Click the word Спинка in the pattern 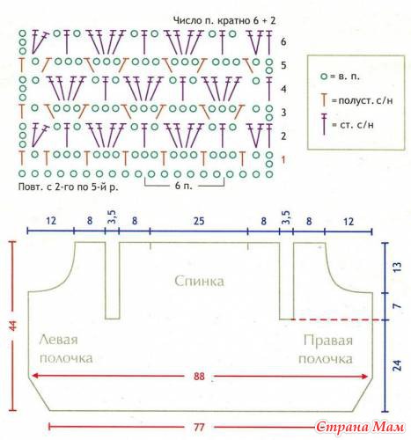[199, 281]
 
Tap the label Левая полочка [66, 349]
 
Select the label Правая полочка [326, 349]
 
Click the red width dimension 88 [199, 376]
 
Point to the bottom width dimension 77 [199, 427]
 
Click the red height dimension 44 [13, 326]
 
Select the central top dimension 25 [199, 221]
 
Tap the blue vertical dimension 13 [397, 267]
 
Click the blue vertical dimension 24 [397, 365]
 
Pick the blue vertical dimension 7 [397, 306]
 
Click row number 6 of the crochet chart [283, 41]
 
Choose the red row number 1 [283, 160]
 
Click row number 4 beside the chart [283, 89]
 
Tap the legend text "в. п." [349, 77]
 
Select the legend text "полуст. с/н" [365, 100]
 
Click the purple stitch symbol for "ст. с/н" [324, 123]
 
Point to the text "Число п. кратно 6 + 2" [224, 20]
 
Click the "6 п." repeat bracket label [183, 186]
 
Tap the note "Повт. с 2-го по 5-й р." [69, 187]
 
